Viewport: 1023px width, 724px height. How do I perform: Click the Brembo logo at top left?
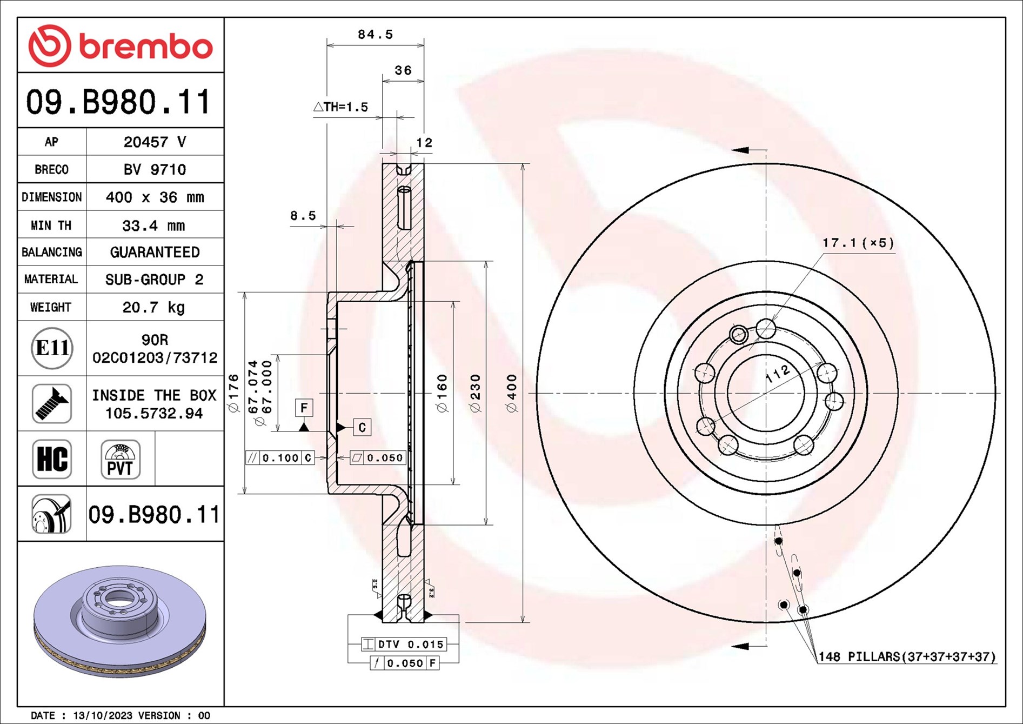120,45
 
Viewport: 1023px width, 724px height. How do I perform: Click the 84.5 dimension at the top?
375,35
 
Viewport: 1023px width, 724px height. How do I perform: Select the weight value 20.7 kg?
154,307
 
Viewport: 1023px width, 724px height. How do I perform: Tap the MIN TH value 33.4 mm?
154,225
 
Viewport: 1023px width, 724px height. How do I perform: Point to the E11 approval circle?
52,348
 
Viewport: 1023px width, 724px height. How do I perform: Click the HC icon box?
52,459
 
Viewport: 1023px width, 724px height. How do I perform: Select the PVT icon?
120,459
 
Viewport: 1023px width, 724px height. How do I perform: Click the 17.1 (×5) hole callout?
858,243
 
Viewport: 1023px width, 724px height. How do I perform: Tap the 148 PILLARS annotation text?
906,656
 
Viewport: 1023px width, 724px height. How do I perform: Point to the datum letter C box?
362,427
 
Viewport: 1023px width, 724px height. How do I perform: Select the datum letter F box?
304,408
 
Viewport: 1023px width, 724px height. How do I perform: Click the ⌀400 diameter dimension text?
512,393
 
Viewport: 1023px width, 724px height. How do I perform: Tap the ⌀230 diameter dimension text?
475,393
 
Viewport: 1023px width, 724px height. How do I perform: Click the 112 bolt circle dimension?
778,374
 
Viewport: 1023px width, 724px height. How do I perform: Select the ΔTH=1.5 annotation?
341,107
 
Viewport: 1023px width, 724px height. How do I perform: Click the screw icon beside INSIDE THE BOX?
52,403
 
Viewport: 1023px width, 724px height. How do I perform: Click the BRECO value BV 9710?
154,169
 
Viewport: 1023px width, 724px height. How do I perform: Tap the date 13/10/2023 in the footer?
103,715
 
